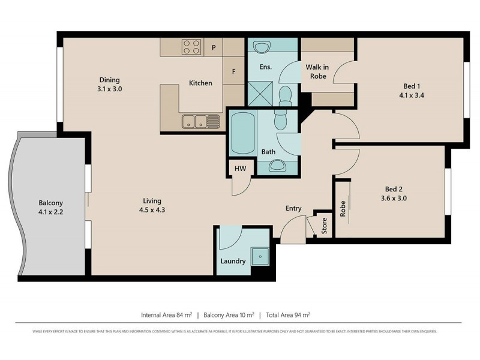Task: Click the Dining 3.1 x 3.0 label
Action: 110,85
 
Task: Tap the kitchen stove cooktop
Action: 191,47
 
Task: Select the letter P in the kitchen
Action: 213,47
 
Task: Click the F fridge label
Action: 234,71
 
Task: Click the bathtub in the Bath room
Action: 242,133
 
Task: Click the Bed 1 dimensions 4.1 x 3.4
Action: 411,95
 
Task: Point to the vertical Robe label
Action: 343,209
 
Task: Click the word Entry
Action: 293,208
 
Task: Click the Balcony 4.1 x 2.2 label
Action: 51,208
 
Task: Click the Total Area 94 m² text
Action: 288,314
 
